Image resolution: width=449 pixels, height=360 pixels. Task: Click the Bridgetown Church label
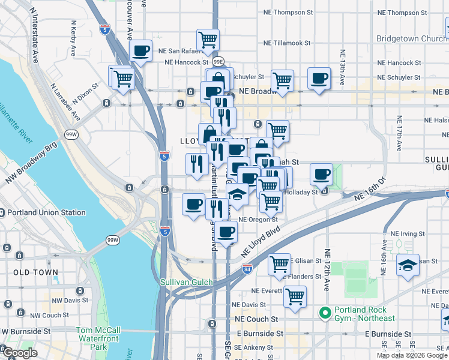pyautogui.click(x=412, y=38)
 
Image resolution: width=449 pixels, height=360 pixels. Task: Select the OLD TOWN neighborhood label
pyautogui.click(x=36, y=272)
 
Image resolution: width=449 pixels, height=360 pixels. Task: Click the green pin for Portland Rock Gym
pyautogui.click(x=325, y=313)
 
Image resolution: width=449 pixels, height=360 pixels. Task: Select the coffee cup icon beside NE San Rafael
pyautogui.click(x=140, y=52)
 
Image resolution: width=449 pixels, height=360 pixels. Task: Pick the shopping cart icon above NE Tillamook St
pyautogui.click(x=207, y=40)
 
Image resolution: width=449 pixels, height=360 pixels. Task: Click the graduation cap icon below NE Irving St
pyautogui.click(x=408, y=265)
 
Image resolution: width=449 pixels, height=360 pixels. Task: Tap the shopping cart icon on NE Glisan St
pyautogui.click(x=279, y=263)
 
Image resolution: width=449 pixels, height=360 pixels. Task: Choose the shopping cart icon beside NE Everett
pyautogui.click(x=295, y=296)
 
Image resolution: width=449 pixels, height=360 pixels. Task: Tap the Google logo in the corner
pyautogui.click(x=19, y=353)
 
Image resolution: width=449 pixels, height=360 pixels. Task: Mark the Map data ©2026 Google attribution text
pyautogui.click(x=412, y=355)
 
